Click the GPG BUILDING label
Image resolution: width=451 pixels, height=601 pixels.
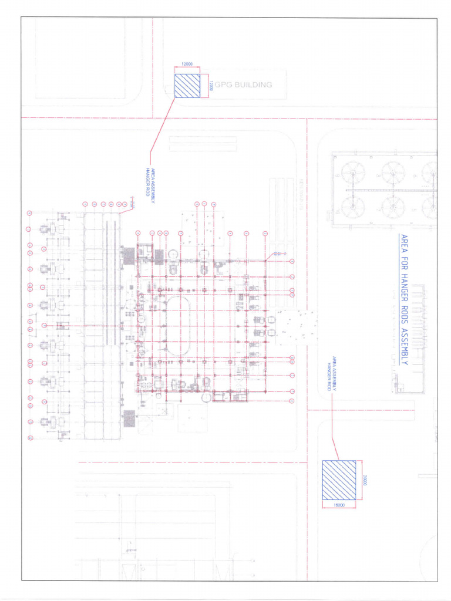pyautogui.click(x=243, y=85)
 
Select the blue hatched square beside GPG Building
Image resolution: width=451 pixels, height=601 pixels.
pyautogui.click(x=187, y=85)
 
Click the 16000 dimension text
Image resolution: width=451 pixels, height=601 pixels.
pyautogui.click(x=339, y=505)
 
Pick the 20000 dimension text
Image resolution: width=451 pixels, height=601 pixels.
pyautogui.click(x=364, y=480)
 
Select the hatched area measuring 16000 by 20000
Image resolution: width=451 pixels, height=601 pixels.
pyautogui.click(x=339, y=480)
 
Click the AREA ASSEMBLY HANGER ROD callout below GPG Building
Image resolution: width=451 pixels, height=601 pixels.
pyautogui.click(x=151, y=185)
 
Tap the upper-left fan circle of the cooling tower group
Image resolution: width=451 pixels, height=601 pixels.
pyautogui.click(x=352, y=173)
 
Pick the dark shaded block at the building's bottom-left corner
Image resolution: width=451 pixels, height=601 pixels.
pyautogui.click(x=130, y=418)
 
